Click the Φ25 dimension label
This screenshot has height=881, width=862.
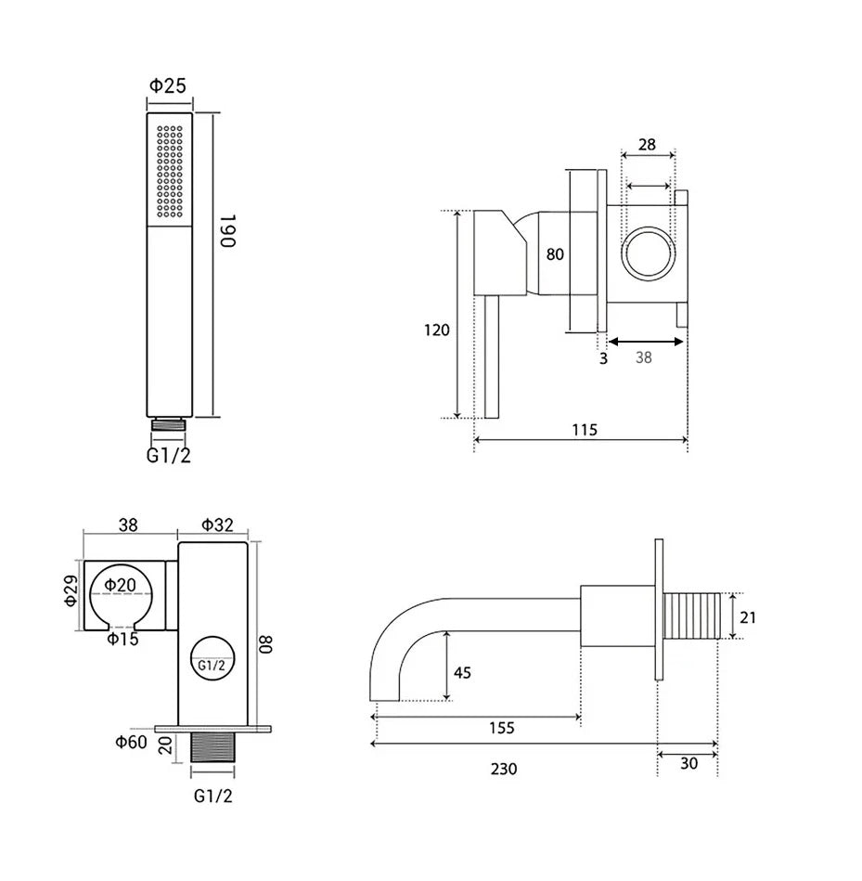click(x=167, y=86)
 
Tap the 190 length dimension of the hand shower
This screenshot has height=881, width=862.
click(x=228, y=231)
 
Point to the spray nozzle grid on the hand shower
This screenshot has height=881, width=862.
click(x=170, y=172)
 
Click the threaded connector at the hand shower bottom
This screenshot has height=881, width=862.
click(x=169, y=424)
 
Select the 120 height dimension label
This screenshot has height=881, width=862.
click(x=437, y=330)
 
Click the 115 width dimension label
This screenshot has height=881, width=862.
click(x=585, y=430)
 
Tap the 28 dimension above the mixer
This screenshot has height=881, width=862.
click(x=647, y=145)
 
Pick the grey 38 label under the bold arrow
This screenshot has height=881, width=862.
click(x=644, y=357)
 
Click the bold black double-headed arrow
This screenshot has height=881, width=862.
click(x=646, y=341)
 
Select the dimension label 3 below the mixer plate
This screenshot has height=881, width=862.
click(x=603, y=358)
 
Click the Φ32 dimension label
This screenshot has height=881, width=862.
click(x=217, y=525)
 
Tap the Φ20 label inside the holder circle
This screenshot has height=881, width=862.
click(x=121, y=585)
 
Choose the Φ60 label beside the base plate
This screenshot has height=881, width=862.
click(x=132, y=743)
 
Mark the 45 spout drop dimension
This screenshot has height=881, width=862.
click(x=462, y=672)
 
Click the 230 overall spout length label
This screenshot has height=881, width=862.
click(x=504, y=769)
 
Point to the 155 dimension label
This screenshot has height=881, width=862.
click(x=501, y=728)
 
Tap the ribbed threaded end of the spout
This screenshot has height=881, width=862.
click(x=692, y=615)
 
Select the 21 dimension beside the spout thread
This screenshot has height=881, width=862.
click(x=748, y=617)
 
